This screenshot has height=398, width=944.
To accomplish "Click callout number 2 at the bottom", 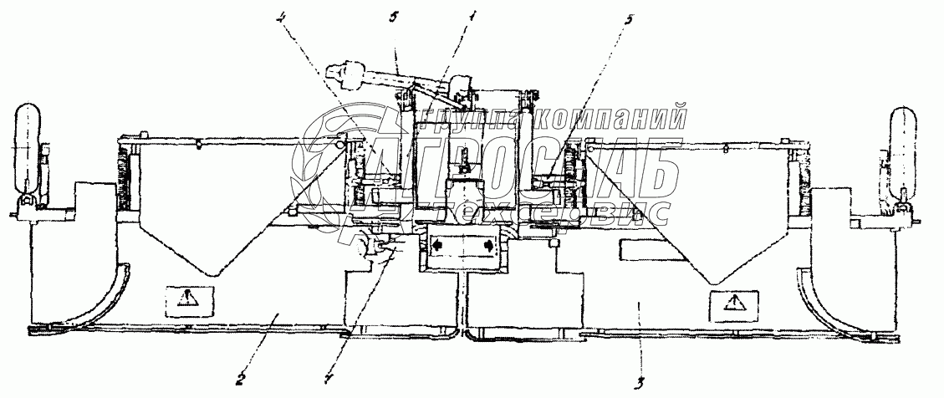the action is click(x=239, y=377).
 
